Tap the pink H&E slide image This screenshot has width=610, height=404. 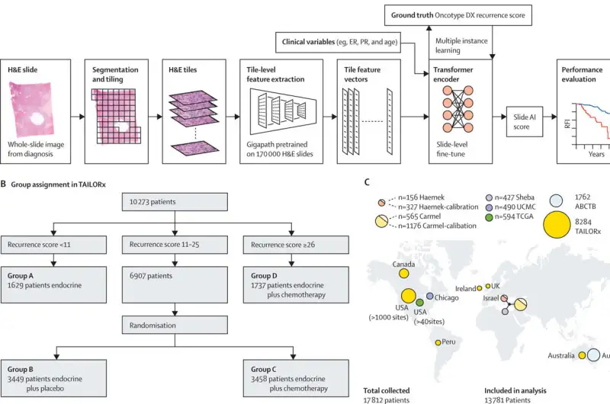click(x=35, y=115)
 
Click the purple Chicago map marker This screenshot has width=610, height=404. click(x=430, y=297)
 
